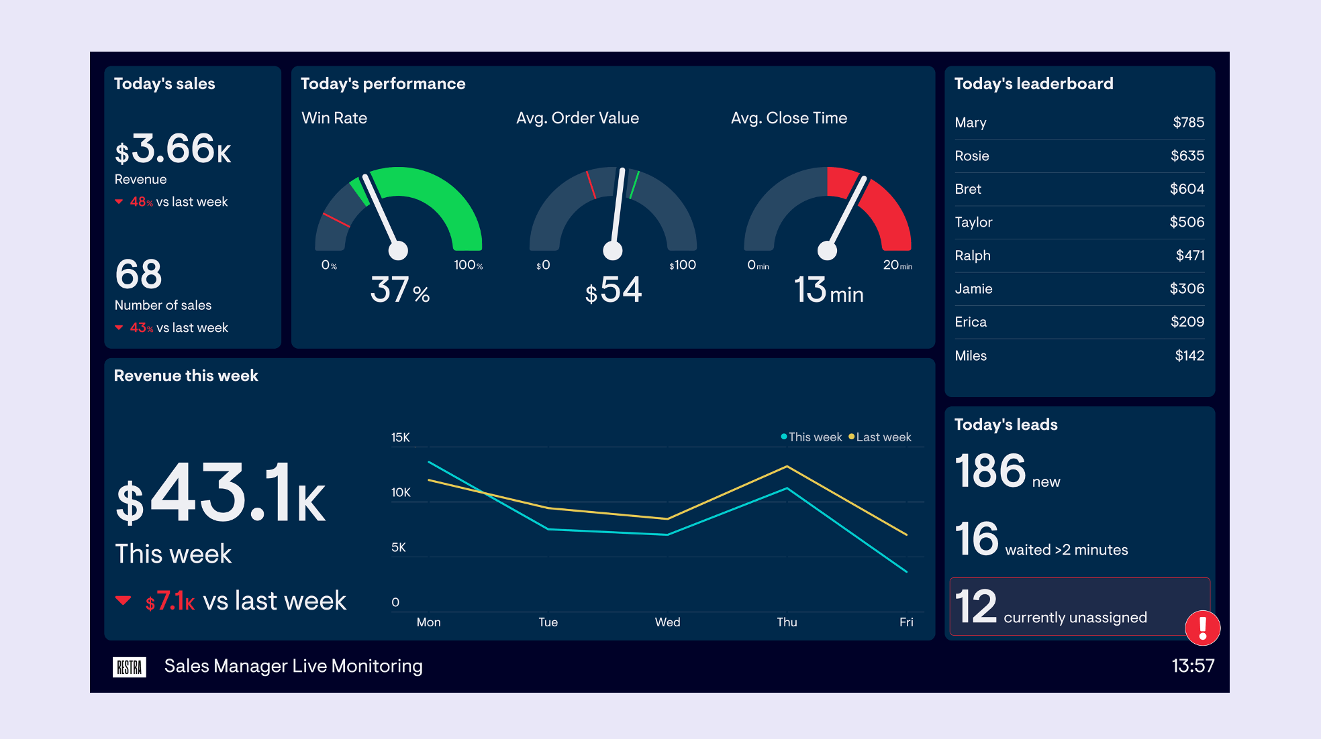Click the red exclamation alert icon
[x=1202, y=628]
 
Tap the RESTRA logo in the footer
[x=129, y=667]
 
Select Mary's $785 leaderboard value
[x=1188, y=123]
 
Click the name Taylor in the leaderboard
[x=973, y=223]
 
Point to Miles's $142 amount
[x=1189, y=356]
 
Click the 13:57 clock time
[x=1192, y=666]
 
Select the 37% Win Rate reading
[x=399, y=290]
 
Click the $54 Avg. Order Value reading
[x=614, y=290]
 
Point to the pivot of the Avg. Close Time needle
[x=827, y=251]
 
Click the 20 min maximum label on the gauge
[x=897, y=266]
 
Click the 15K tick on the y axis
[x=401, y=438]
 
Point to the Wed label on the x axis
[x=667, y=622]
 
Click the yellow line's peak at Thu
[x=787, y=466]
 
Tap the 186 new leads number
[x=990, y=471]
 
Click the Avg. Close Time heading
[x=789, y=118]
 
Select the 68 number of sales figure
[x=139, y=274]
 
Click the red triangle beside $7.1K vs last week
[x=123, y=600]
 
